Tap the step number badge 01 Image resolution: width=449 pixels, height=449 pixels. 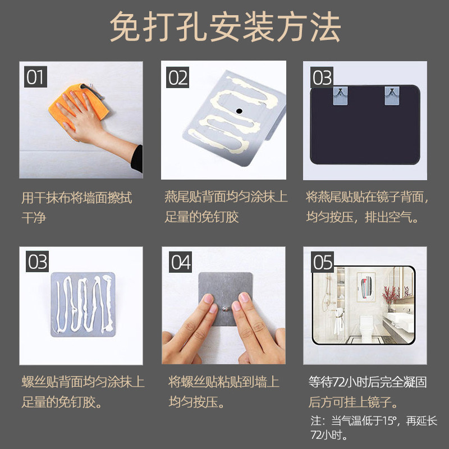pos(35,77)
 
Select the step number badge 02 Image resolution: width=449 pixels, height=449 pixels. pos(178,77)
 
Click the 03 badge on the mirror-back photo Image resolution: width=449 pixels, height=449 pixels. pos(322,77)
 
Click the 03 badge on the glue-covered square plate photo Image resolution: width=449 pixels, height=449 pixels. pos(38,262)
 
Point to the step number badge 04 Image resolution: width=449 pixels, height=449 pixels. pos(180,262)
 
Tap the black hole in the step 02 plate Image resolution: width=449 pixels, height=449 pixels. pos(239,111)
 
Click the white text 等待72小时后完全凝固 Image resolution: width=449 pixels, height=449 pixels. pos(368,383)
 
